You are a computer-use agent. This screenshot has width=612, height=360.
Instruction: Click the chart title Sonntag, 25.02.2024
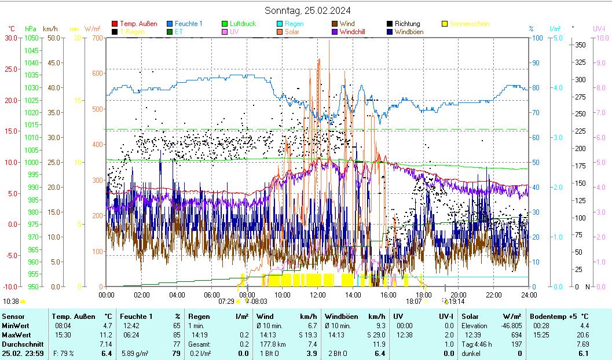coord(307,10)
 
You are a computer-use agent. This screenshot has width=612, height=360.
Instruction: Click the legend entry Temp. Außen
coord(138,24)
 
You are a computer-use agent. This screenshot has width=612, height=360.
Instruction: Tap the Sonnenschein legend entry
coord(469,24)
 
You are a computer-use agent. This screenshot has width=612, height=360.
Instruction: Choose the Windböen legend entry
coord(409,32)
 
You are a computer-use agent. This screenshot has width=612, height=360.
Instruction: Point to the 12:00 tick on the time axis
coord(317,295)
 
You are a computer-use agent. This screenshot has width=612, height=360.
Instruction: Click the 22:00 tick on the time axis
coord(493,295)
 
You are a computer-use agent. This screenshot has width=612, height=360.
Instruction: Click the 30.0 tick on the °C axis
coord(12,38)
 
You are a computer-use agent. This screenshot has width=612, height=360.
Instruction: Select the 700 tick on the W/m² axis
coord(96,38)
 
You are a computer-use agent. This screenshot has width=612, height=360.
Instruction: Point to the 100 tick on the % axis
coord(538,38)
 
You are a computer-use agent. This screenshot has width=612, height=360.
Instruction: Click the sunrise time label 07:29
coord(226,302)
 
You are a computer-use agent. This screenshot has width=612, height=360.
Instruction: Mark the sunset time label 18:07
coord(413,302)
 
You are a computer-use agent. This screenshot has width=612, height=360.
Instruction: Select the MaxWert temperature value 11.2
coord(106,335)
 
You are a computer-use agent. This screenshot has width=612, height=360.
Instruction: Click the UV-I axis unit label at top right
coord(599,28)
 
